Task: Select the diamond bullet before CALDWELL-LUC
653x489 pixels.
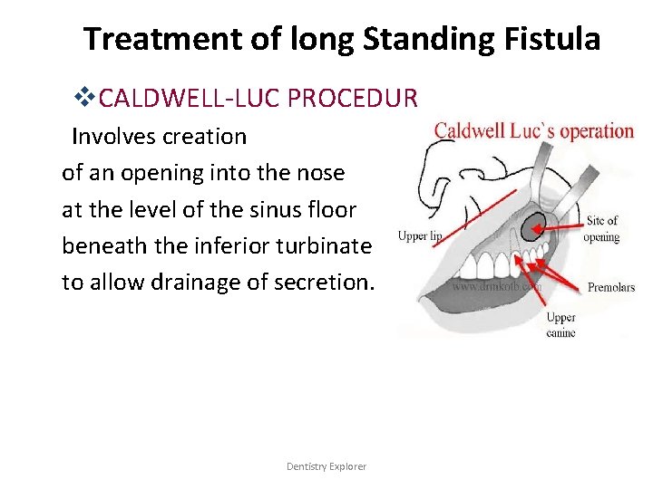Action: [86, 97]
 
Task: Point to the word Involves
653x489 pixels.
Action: [115, 137]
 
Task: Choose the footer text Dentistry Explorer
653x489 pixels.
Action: [326, 466]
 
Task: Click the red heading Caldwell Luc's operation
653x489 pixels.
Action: [533, 130]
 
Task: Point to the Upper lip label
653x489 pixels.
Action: [421, 236]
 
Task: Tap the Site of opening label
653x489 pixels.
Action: [601, 228]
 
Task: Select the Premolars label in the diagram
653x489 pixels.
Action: [611, 288]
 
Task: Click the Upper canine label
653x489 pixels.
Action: [560, 325]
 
